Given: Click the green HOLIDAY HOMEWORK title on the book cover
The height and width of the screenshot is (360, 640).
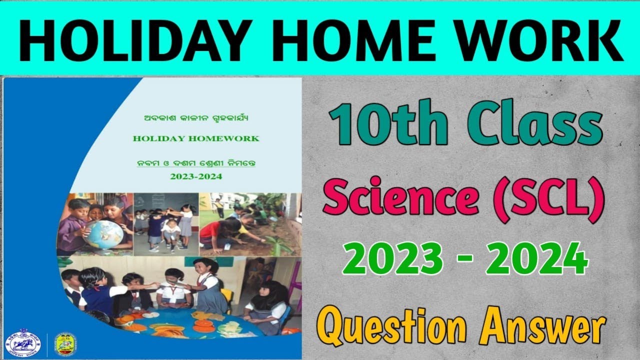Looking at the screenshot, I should click(196, 138).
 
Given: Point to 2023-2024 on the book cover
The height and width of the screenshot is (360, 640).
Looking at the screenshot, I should click(196, 176).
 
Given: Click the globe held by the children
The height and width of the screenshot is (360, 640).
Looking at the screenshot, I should click(103, 234).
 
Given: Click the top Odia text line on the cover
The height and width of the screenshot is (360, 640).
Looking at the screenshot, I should click(195, 119).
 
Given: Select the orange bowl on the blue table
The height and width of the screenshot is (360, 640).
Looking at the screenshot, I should click(203, 325).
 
